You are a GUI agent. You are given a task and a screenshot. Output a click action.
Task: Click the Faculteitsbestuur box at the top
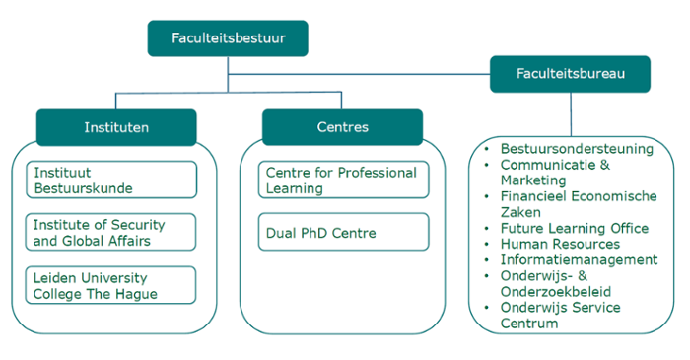tap(228, 38)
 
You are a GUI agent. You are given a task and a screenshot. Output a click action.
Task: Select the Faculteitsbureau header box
tap(571, 74)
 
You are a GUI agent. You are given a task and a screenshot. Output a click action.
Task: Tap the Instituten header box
tap(116, 127)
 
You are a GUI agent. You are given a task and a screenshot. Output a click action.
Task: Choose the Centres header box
tap(342, 127)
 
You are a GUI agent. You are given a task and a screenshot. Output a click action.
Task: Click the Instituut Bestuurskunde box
tap(111, 180)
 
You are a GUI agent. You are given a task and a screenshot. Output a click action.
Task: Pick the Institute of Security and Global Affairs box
tap(110, 233)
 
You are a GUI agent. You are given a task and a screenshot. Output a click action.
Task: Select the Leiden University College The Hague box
tap(110, 285)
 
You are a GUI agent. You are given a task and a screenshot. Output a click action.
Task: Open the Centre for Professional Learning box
tap(344, 180)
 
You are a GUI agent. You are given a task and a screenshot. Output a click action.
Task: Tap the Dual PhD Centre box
tap(344, 232)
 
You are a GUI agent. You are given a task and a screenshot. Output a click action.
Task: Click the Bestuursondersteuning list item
tap(577, 149)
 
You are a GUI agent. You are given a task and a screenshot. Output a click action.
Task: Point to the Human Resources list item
tap(560, 244)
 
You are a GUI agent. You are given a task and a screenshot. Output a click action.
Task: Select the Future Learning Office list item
tap(575, 228)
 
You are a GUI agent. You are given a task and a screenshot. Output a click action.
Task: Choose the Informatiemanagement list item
tap(580, 259)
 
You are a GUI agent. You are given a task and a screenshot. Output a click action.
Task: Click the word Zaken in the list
tap(520, 212)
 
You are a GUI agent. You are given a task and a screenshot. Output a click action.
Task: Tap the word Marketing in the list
tap(533, 180)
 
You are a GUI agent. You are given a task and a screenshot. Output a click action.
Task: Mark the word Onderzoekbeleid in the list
tap(556, 291)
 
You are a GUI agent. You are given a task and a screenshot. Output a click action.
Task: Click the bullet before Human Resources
tap(487, 245)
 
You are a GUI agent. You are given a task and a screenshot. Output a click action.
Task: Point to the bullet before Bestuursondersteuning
tap(487, 149)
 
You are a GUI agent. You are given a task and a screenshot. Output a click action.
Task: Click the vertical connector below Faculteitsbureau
tap(571, 114)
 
